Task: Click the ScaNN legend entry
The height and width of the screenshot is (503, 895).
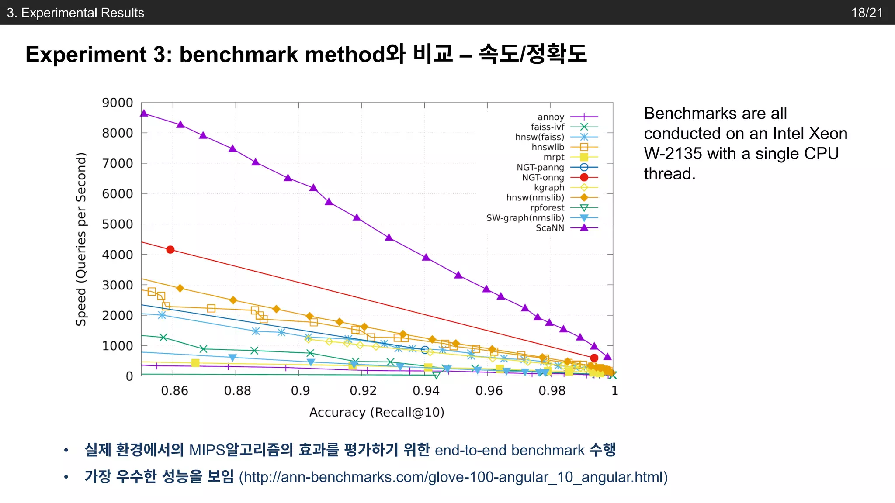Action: coord(550,228)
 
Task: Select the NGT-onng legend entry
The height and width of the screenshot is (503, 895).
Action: coord(543,177)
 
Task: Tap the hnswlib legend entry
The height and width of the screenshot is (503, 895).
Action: coord(548,147)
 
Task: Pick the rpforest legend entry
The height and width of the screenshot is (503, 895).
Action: coord(547,208)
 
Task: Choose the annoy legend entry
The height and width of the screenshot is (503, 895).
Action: coord(551,117)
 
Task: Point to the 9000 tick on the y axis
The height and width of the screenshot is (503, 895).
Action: coord(117,103)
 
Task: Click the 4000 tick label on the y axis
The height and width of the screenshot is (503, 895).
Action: coord(117,255)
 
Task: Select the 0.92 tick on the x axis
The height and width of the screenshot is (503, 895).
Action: coord(363,390)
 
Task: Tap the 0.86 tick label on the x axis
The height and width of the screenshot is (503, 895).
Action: coord(174,390)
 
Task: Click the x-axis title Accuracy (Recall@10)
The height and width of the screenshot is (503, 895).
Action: coord(377,412)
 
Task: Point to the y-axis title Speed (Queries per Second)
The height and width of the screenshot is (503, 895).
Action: coord(81,239)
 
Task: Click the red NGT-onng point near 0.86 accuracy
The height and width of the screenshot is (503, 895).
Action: coord(170,250)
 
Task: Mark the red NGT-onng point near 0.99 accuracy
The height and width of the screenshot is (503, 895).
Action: coord(594,358)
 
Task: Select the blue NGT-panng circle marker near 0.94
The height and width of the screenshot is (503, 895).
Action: coord(425,350)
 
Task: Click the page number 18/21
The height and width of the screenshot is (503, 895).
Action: coord(867,13)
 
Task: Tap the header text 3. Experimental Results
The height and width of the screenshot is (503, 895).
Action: coord(76,13)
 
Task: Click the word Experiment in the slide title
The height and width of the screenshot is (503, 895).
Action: coord(86,55)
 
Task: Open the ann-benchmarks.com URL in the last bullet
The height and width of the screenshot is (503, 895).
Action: coord(453,477)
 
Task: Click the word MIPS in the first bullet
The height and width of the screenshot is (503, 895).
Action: coord(207,450)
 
